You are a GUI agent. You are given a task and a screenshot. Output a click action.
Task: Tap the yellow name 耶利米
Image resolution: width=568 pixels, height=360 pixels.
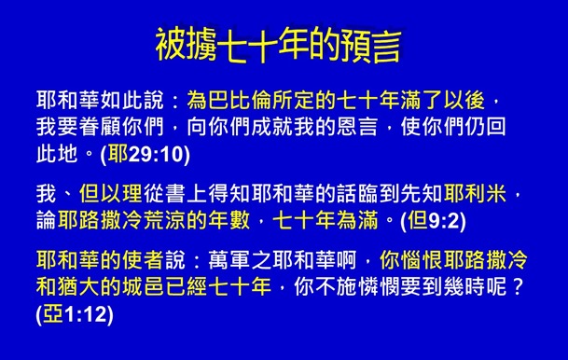click(x=475, y=193)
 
